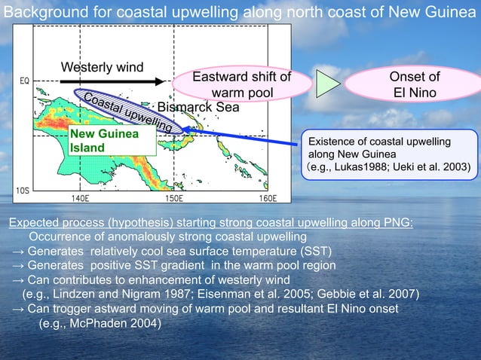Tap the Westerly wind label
coord(102,68)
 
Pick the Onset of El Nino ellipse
coord(414,86)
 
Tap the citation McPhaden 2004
coord(100,323)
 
